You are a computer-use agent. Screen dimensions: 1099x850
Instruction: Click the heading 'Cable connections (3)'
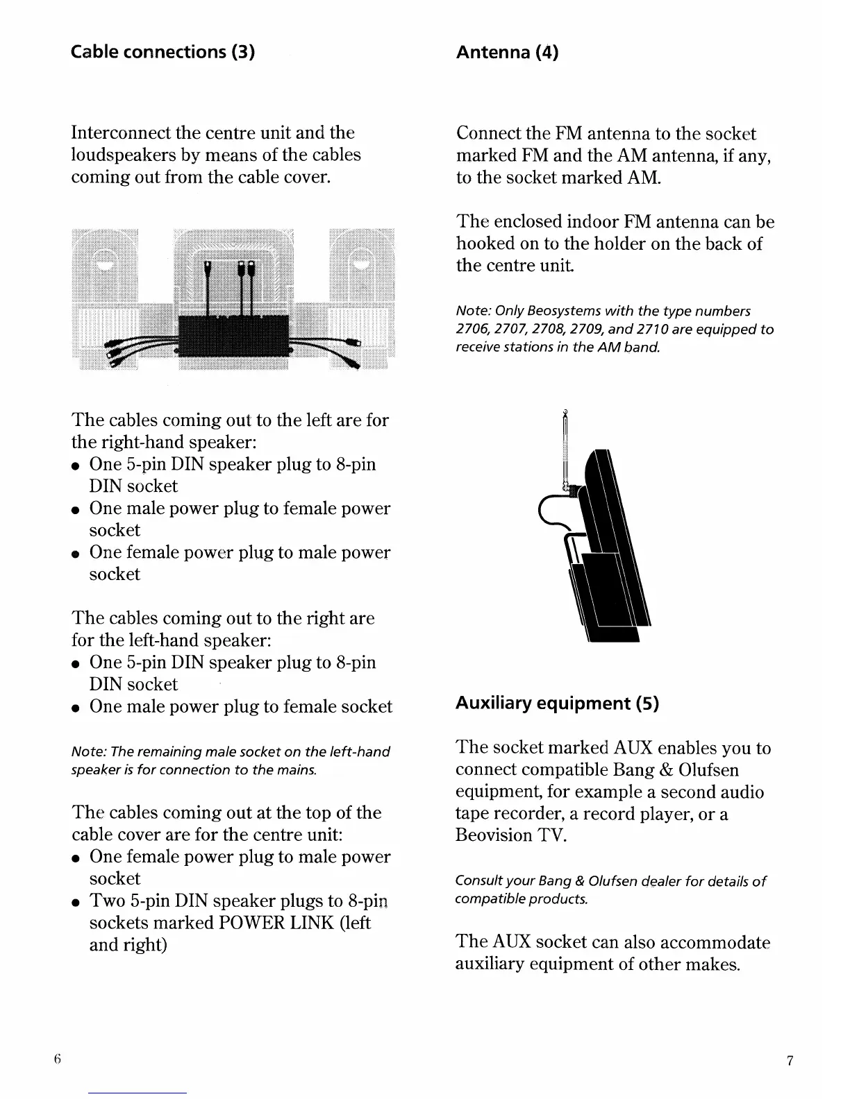pos(163,52)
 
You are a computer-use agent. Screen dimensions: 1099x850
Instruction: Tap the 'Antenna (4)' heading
pos(507,52)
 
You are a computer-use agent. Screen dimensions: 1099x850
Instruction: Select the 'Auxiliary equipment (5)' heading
pos(557,703)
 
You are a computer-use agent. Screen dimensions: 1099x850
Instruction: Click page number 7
pos(790,1060)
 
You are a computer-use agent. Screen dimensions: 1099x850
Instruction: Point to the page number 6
pos(58,1059)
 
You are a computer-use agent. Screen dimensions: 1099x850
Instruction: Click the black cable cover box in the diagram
pos(233,334)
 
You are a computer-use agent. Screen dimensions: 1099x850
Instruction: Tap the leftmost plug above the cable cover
pos(208,269)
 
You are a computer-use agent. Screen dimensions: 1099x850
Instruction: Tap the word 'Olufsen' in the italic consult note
pos(610,881)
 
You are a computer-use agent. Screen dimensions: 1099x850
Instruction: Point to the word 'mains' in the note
pos(299,769)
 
